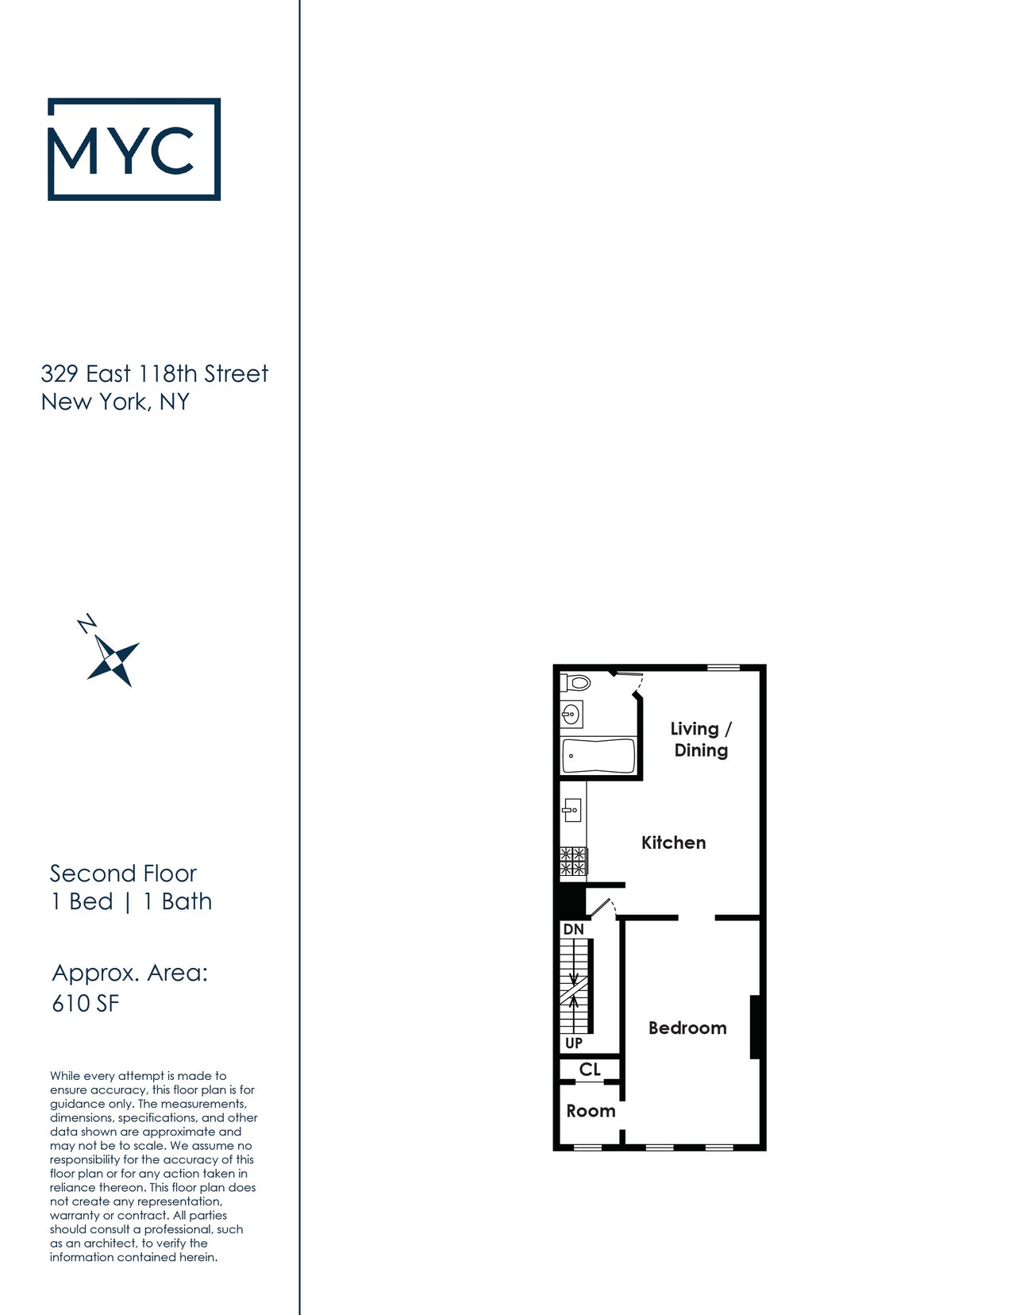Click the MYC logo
[134, 148]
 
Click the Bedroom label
[687, 1028]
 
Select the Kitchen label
[674, 843]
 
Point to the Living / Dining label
[701, 739]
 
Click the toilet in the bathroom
[575, 683]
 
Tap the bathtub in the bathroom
[598, 756]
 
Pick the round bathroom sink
[570, 715]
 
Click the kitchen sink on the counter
[571, 810]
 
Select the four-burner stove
[573, 862]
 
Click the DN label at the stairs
[573, 930]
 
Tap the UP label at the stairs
[573, 1043]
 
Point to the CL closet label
[590, 1070]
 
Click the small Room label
[591, 1111]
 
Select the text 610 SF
[85, 1004]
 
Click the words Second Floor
[123, 873]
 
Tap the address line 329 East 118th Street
[154, 374]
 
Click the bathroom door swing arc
[639, 684]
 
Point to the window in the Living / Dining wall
[723, 668]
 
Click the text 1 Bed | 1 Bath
[131, 901]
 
